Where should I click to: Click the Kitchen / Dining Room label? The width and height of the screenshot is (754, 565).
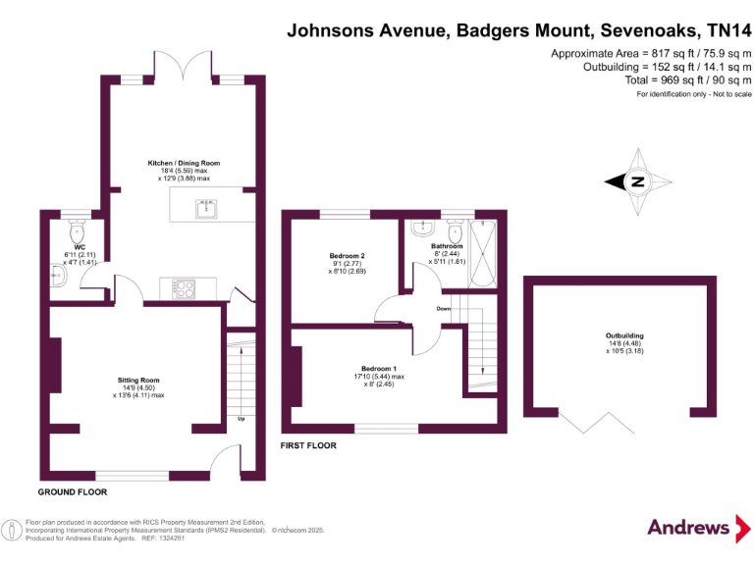pos(184,163)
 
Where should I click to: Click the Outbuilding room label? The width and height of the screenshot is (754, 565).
pos(624,335)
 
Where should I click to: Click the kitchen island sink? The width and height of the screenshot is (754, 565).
pos(206,207)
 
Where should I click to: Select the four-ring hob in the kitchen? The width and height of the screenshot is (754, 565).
pos(184,288)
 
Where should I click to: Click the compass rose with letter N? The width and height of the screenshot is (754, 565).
pos(636,181)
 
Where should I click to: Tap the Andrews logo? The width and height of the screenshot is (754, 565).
pos(688,528)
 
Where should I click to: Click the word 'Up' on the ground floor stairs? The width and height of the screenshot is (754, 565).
pos(241,420)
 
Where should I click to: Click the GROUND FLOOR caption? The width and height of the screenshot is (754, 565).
pos(72,491)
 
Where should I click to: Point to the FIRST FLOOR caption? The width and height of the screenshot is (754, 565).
pos(308,445)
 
